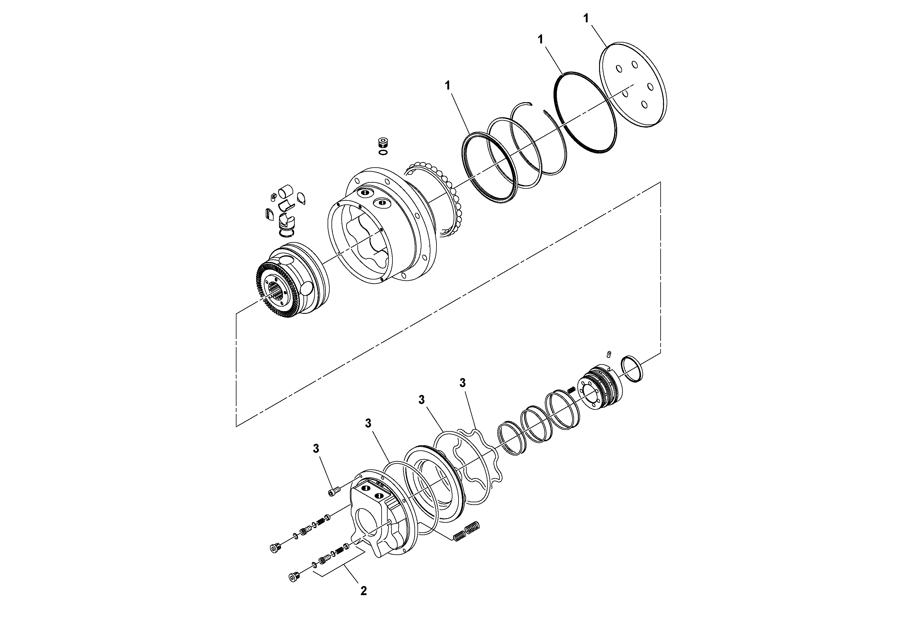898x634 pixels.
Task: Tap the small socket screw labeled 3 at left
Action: coord(334,491)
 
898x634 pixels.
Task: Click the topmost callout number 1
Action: coord(586,18)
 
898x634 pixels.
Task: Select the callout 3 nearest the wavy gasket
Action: coord(463,383)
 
